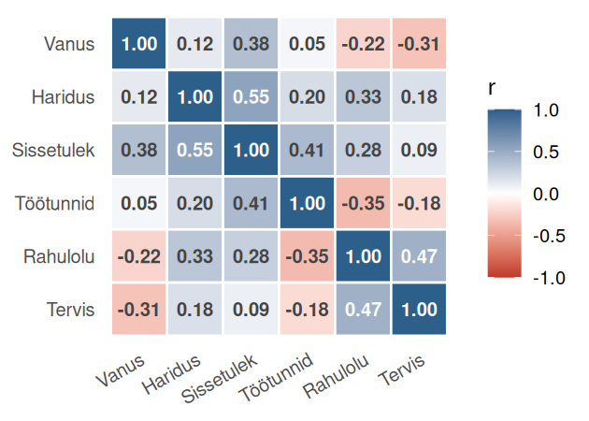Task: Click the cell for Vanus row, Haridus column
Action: pos(195,44)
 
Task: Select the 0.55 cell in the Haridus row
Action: pos(251,97)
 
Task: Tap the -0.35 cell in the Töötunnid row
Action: pos(363,202)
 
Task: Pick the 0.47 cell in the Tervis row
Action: pos(363,309)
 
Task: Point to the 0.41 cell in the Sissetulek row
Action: pos(308,150)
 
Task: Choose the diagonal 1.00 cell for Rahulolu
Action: pos(363,255)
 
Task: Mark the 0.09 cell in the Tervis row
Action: pos(251,309)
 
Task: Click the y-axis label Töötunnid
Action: pos(55,202)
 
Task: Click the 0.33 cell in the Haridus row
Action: pos(363,97)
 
